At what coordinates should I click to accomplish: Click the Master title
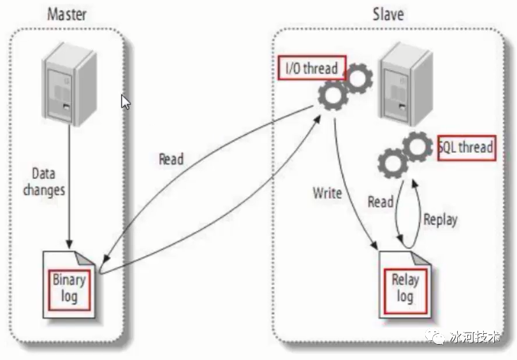click(x=67, y=13)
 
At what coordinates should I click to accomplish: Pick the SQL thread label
click(x=467, y=147)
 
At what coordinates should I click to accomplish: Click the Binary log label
click(x=68, y=288)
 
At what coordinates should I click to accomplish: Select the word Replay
click(x=440, y=219)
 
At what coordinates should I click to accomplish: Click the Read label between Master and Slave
click(x=171, y=159)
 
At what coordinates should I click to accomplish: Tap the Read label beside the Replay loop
click(x=381, y=202)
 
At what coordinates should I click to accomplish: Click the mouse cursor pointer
click(x=126, y=101)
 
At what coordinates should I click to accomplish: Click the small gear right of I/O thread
click(x=359, y=78)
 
